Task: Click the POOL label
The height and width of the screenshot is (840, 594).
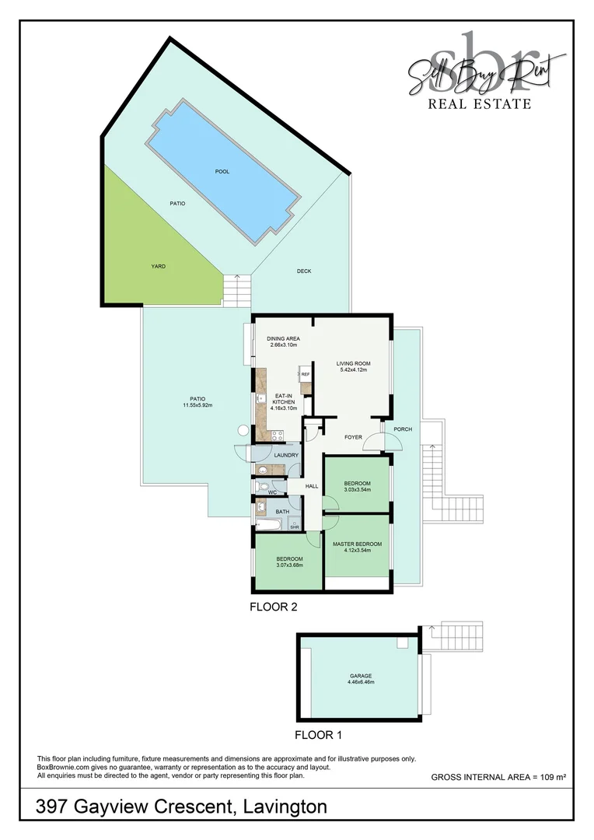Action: coord(222,171)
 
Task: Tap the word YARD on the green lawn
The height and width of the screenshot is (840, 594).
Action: coord(158,266)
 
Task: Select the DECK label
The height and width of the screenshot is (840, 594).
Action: coord(304,271)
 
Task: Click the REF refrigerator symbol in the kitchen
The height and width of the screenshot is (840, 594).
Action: coord(305,375)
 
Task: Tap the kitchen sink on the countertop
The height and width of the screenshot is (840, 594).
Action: coord(260,398)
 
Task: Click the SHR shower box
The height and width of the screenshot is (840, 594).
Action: coord(295,525)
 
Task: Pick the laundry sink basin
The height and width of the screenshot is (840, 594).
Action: coord(263,469)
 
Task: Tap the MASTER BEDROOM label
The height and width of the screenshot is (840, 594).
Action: coord(357,544)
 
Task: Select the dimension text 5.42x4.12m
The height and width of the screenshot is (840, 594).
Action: coord(351,370)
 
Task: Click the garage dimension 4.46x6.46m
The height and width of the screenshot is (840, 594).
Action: coord(360,683)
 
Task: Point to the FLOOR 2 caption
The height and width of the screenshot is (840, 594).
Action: coord(273,607)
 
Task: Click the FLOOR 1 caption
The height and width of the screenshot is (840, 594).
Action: coord(318,733)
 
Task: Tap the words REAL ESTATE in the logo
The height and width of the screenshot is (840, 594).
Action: coord(480,103)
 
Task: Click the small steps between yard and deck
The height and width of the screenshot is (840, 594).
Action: coord(238,291)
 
